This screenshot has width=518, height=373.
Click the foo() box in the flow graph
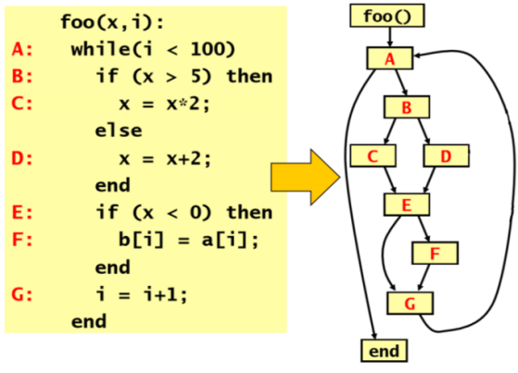click(387, 16)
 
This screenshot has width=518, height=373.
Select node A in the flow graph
click(390, 58)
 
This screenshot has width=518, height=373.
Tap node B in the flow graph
click(407, 107)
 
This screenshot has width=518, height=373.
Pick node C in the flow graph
click(373, 155)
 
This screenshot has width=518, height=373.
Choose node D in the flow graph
click(447, 155)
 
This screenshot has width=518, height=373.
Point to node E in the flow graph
click(407, 205)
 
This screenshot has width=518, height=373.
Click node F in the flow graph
click(435, 254)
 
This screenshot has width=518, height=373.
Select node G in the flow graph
click(410, 303)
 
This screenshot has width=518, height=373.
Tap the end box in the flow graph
click(384, 351)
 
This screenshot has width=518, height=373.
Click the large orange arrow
click(306, 178)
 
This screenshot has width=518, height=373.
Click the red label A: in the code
click(22, 49)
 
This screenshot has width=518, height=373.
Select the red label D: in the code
click(22, 158)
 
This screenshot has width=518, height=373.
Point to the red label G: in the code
click(22, 294)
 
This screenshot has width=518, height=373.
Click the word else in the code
click(119, 131)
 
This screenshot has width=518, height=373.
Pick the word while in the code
click(101, 49)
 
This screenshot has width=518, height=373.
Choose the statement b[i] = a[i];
click(188, 240)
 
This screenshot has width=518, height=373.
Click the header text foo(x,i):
click(112, 22)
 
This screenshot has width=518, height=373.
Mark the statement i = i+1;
click(142, 294)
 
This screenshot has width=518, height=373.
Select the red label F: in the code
click(22, 240)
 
